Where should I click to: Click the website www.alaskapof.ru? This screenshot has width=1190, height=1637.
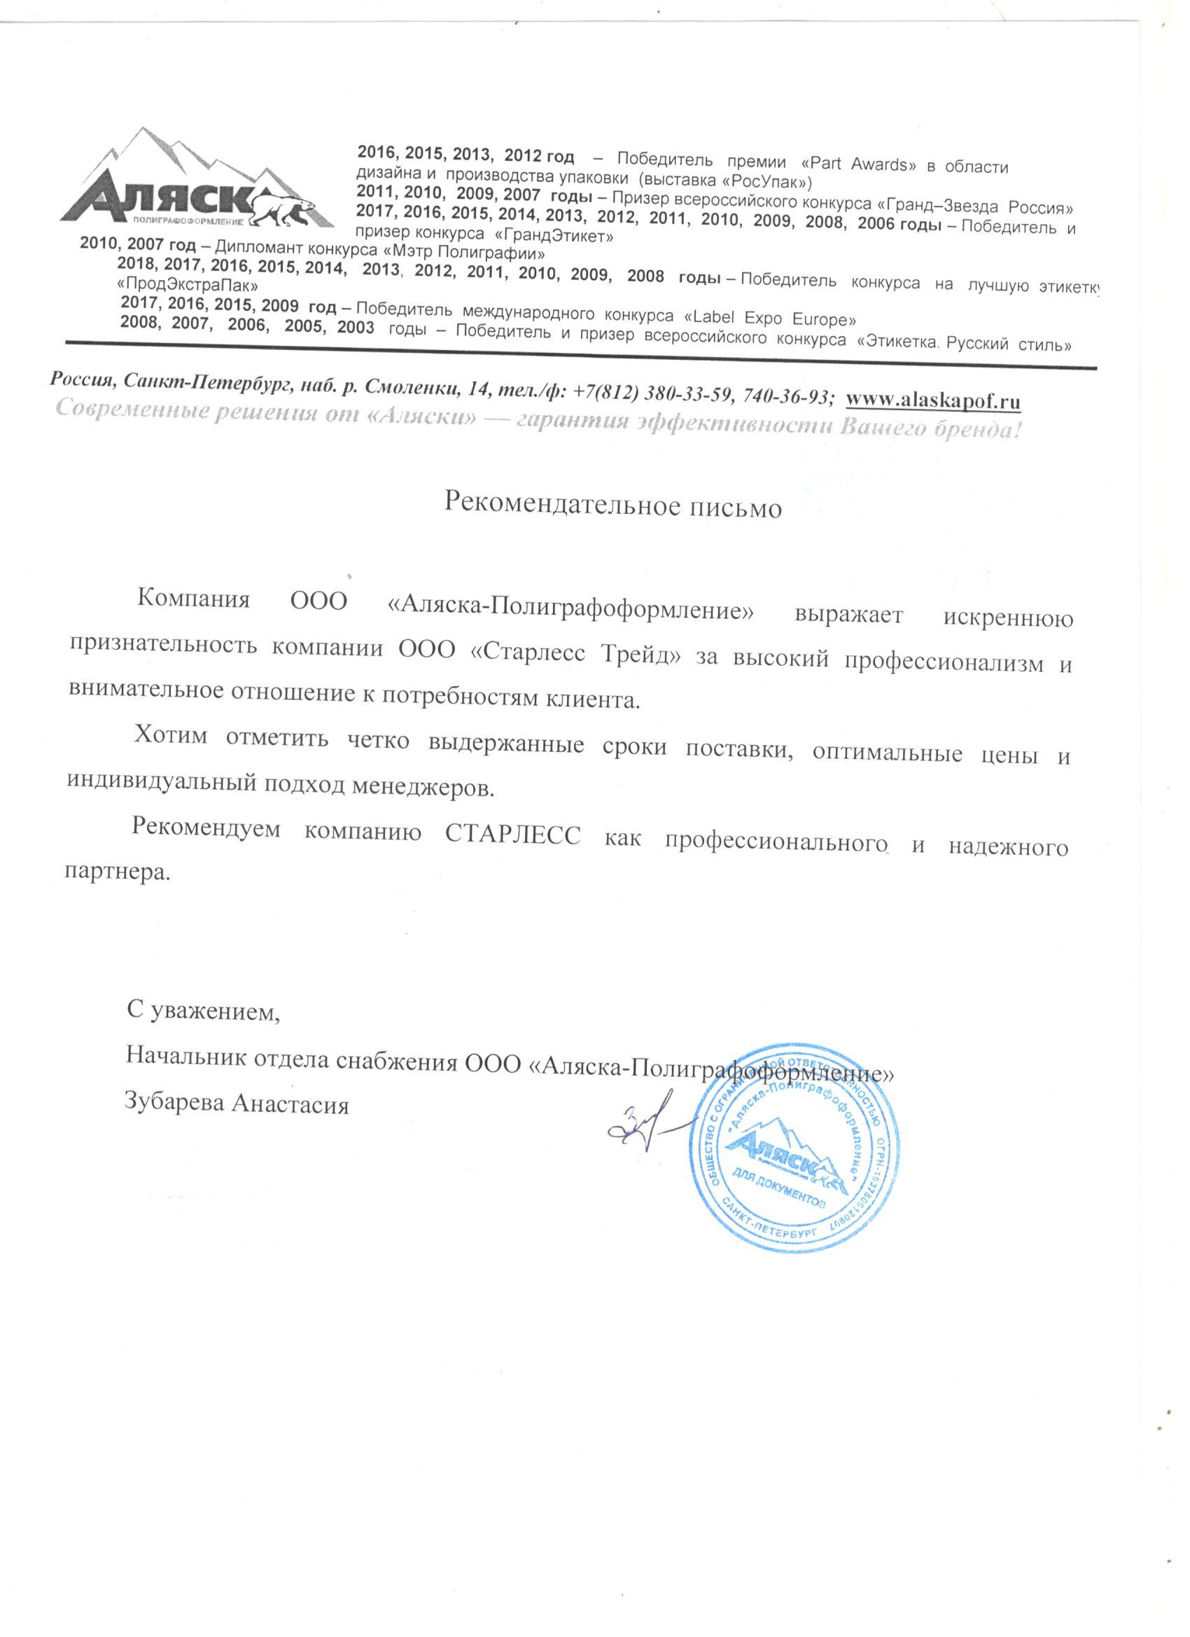pos(933,399)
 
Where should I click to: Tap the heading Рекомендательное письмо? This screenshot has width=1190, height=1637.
pos(612,506)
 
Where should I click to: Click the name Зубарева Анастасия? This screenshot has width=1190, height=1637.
pos(237,1105)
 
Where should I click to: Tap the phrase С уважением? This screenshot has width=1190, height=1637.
pos(203,1011)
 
